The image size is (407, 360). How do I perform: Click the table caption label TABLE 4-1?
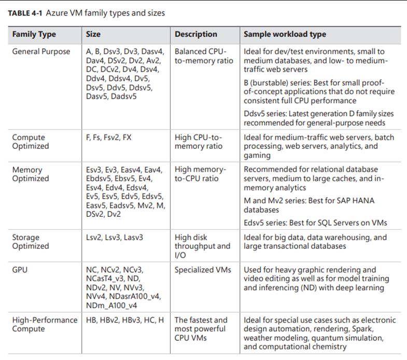[x=29, y=13]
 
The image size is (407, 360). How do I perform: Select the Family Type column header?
[x=34, y=34]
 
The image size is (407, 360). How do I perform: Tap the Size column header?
[x=93, y=34]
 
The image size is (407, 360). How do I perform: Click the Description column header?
[x=195, y=34]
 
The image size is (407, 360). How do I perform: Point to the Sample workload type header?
[x=285, y=34]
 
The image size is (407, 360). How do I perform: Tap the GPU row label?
[x=20, y=270]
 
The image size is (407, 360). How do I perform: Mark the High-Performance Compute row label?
[x=45, y=324]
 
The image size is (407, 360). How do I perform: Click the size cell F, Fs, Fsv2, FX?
[x=108, y=137]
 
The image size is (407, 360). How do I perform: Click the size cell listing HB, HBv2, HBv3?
[x=124, y=320]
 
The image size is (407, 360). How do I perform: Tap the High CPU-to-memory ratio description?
[x=199, y=142]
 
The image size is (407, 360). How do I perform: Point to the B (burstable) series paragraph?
[x=318, y=91]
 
